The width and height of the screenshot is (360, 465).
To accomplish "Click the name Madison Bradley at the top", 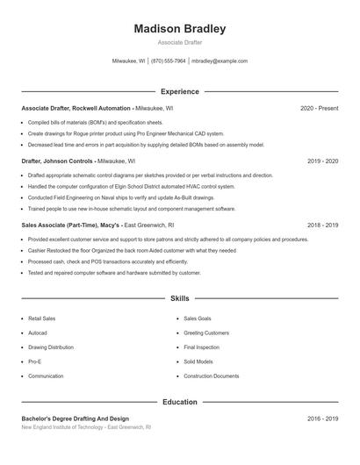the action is [x=180, y=29].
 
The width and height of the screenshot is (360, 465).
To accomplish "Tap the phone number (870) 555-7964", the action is [x=169, y=61].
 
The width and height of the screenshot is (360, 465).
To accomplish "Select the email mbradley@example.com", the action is [x=220, y=61].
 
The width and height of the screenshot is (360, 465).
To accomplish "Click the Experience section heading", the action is [x=180, y=91].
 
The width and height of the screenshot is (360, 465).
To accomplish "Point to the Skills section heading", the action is [x=180, y=299].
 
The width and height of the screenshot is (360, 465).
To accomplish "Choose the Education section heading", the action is [x=180, y=402].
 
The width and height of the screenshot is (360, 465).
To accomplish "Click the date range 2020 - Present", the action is [x=319, y=108].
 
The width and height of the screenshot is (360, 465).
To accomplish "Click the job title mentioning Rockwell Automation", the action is [x=76, y=108].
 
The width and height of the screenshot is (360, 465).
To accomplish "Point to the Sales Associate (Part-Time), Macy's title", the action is [x=71, y=225].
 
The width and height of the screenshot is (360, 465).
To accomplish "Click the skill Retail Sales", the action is [x=41, y=318].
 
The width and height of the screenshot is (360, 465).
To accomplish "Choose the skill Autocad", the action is [x=38, y=333].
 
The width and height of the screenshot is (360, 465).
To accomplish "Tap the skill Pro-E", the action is [x=35, y=361].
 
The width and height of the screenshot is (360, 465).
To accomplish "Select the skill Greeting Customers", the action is [x=206, y=333].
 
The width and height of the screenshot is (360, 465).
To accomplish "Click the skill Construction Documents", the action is [x=212, y=376].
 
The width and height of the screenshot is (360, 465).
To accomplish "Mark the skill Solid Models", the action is [x=198, y=361].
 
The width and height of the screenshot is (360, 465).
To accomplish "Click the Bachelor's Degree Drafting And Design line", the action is [x=75, y=418].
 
